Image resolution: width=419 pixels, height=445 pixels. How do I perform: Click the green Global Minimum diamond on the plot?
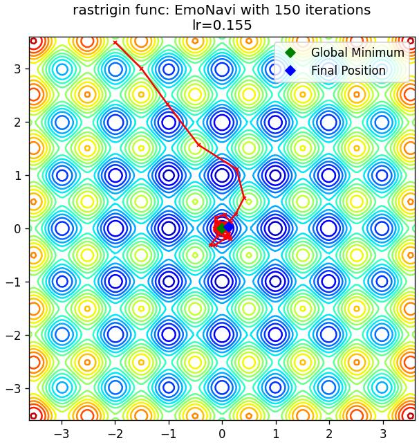coord(222,228)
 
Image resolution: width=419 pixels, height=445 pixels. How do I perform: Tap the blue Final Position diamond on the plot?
coord(228,227)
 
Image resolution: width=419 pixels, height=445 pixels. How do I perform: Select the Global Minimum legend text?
coord(357,53)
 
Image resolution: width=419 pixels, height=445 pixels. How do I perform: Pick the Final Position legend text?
coord(348,71)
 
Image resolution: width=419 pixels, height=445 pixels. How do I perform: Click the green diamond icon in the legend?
coord(290,53)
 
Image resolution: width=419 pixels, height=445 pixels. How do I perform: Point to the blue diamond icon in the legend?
coord(290,71)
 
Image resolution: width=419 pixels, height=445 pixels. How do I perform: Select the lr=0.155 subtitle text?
coord(222,25)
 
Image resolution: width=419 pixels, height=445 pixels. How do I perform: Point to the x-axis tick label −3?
coord(62,434)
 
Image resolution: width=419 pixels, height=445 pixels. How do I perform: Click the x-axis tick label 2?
coord(329,434)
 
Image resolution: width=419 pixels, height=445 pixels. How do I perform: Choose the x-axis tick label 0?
coord(222,434)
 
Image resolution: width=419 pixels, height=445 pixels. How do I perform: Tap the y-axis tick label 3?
coord(17,69)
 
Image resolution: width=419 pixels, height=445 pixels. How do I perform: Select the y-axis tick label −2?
coord(13,335)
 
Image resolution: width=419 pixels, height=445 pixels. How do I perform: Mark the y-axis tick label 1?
coord(17,175)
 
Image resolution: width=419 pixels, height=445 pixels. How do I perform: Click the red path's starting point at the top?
coord(115,43)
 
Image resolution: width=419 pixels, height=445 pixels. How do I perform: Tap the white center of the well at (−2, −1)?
coord(115,282)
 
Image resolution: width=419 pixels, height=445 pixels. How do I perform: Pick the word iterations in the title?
coord(336,10)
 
